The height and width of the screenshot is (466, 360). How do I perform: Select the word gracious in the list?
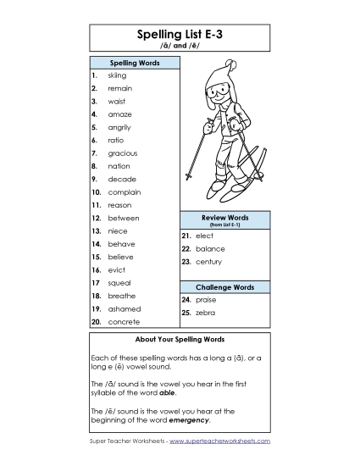[122, 153]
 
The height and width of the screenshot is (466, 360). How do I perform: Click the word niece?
[117, 230]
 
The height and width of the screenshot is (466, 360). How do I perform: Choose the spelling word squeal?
[119, 282]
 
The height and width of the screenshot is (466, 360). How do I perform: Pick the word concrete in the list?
[124, 322]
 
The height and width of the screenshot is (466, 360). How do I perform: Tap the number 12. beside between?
[97, 218]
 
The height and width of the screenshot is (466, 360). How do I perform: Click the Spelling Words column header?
[134, 63]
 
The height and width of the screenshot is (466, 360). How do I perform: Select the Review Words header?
[224, 219]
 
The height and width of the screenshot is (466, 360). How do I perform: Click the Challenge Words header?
[224, 287]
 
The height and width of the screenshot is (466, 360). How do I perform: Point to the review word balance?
[210, 249]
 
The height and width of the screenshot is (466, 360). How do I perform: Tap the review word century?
[209, 262]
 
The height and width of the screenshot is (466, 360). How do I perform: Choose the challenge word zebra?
[205, 313]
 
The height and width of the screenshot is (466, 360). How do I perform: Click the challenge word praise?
[205, 300]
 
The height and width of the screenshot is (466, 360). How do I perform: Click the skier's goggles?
[219, 89]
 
